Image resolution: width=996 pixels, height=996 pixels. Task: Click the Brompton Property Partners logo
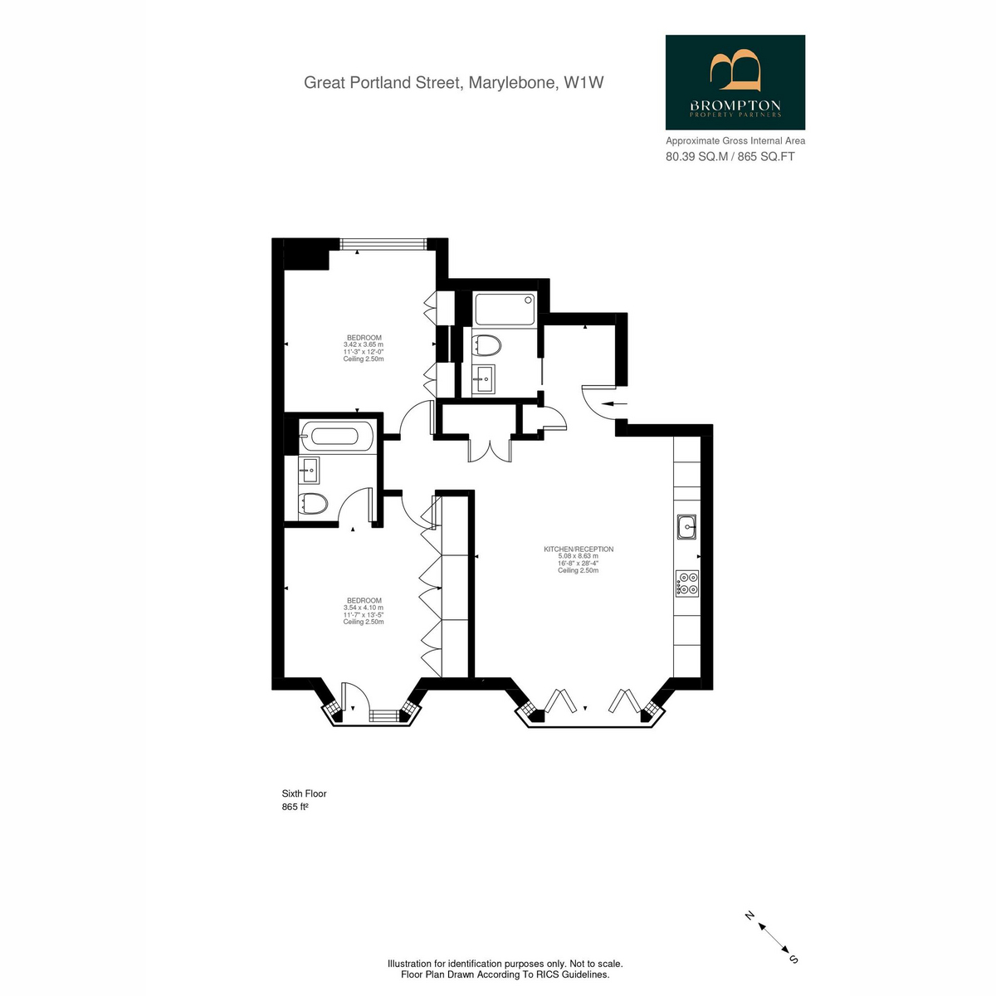pyautogui.click(x=735, y=82)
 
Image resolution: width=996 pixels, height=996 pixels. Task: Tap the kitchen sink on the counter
pyautogui.click(x=687, y=527)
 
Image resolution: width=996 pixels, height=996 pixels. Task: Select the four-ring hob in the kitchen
pyautogui.click(x=687, y=583)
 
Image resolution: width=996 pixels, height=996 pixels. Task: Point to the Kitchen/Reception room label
pyautogui.click(x=579, y=549)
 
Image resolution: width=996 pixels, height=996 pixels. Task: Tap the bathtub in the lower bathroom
pyautogui.click(x=335, y=437)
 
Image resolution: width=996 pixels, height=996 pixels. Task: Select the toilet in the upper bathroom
pyautogui.click(x=486, y=345)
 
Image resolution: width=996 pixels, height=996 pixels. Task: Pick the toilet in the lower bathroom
pyautogui.click(x=313, y=503)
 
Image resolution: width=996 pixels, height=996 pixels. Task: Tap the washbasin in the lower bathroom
pyautogui.click(x=310, y=470)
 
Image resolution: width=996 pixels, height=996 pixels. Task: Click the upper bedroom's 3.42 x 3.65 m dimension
pyautogui.click(x=364, y=344)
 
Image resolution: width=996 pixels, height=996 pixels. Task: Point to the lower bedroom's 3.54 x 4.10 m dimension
pyautogui.click(x=364, y=608)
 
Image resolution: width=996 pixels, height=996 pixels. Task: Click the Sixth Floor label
pyautogui.click(x=304, y=793)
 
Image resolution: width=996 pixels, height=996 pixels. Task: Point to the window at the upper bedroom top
pyautogui.click(x=383, y=243)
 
